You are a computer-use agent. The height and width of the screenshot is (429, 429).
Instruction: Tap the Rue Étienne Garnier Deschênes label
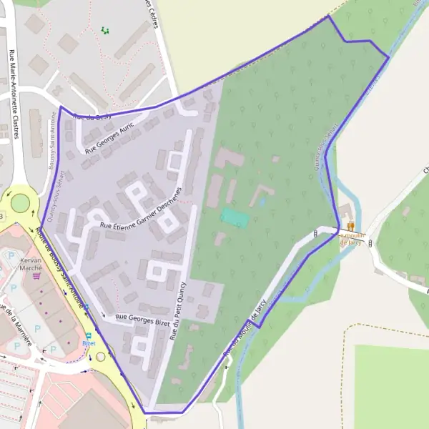click(141, 207)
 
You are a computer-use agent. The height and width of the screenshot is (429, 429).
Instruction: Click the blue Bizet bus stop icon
click(89, 335)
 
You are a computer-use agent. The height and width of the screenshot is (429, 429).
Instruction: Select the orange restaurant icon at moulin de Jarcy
click(350, 226)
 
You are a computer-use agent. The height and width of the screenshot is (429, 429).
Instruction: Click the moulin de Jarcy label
click(351, 239)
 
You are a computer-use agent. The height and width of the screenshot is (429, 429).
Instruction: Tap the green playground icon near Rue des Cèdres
click(105, 30)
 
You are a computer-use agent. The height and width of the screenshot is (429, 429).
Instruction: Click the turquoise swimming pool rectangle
click(235, 218)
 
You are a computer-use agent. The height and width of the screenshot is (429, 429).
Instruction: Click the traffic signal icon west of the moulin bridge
click(315, 234)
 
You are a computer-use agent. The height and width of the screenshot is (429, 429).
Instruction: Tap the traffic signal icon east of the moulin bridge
click(373, 243)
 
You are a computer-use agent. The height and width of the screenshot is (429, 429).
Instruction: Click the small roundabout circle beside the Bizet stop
click(101, 356)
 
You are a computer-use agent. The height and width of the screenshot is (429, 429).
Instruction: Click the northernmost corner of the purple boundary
click(328, 16)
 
